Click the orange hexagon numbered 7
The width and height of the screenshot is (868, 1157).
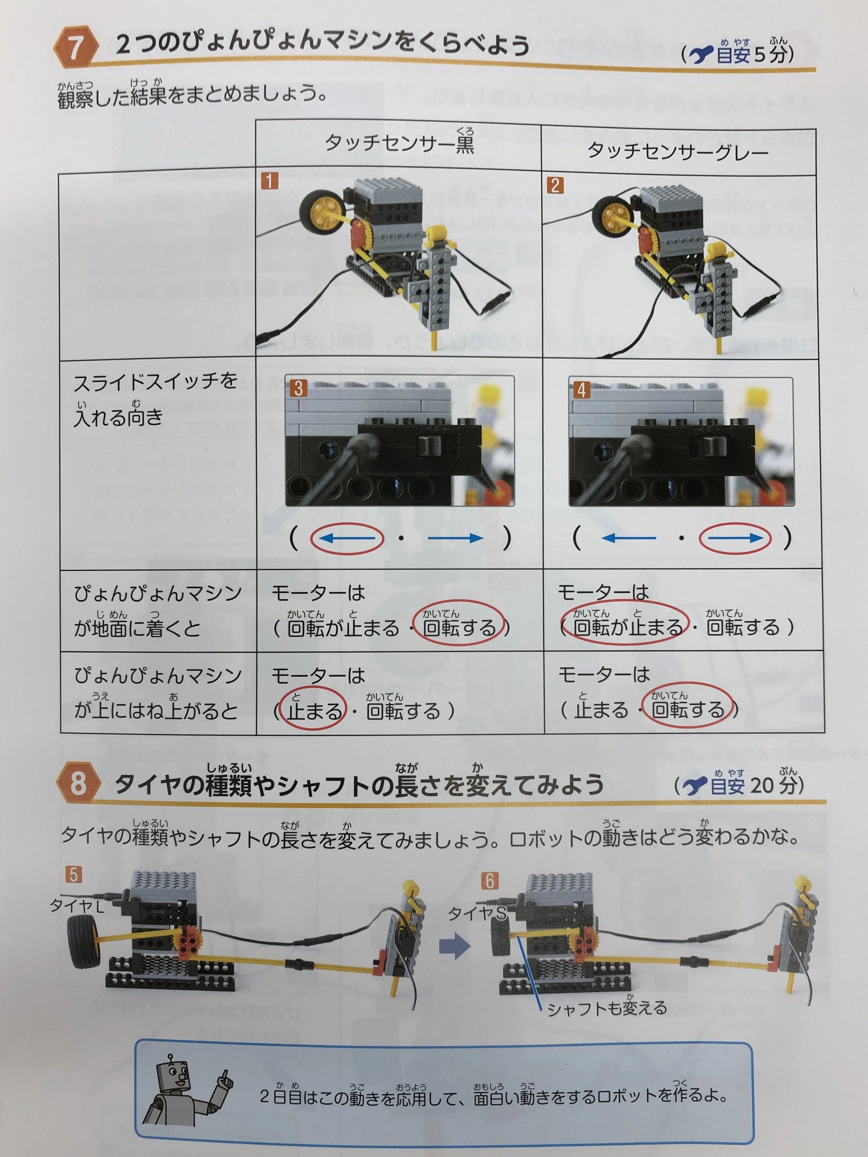[x=75, y=47]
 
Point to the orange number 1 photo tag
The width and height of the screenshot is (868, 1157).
[x=269, y=181]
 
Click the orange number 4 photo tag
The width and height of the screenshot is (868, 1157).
[x=581, y=390]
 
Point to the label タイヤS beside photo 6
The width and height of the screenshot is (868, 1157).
[x=477, y=914]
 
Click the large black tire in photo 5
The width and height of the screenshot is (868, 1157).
[x=84, y=943]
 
